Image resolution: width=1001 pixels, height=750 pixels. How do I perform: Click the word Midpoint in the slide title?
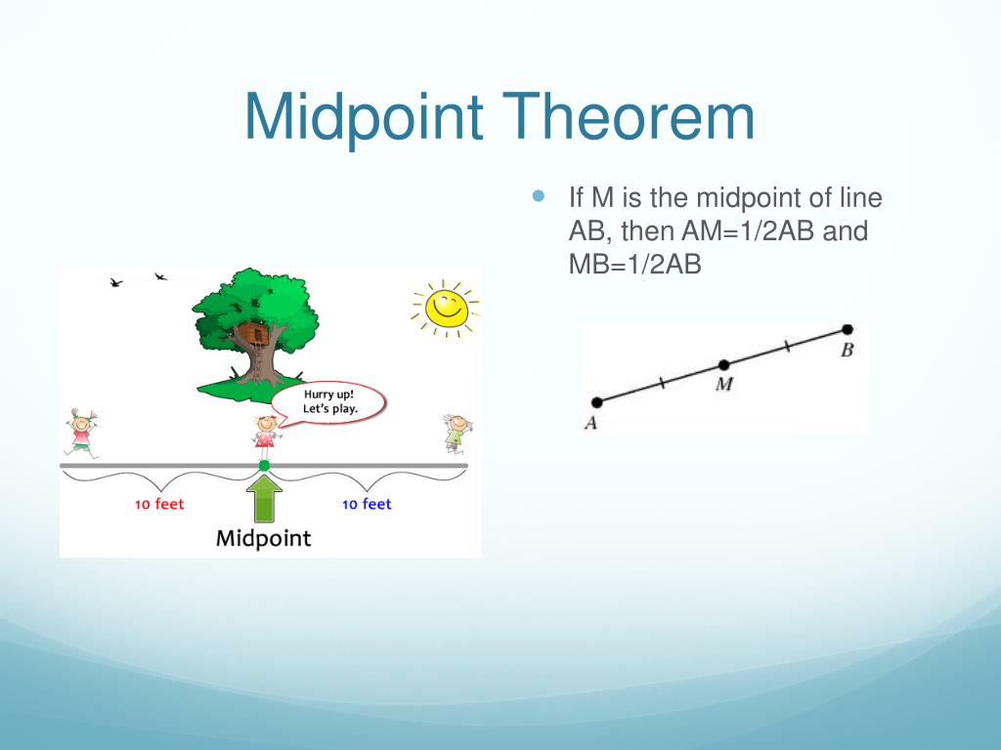tap(364, 118)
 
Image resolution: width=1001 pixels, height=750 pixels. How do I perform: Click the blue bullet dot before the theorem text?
tap(539, 195)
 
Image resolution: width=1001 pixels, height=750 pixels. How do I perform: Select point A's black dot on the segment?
tap(597, 402)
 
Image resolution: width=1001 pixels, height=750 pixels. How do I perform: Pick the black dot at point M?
tap(724, 365)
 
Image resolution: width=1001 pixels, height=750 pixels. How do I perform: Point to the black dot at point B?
tap(848, 330)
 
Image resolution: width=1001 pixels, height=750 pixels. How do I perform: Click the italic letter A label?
tap(591, 423)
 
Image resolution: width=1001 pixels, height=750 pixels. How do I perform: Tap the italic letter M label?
tap(724, 384)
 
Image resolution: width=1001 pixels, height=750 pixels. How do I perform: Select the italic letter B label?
tap(848, 351)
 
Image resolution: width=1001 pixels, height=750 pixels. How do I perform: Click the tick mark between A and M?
tap(662, 383)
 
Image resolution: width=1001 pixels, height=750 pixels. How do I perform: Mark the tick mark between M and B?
tap(787, 347)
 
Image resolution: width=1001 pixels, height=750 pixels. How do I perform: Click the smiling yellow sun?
tap(446, 309)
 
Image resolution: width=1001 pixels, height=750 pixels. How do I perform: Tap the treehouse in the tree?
tap(253, 334)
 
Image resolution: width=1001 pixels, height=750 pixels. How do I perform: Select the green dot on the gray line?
tap(264, 466)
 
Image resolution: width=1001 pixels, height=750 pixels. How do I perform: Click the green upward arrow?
tap(264, 500)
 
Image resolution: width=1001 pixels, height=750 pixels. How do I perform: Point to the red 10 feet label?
tap(159, 505)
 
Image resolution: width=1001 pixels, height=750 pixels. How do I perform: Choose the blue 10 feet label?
tap(368, 505)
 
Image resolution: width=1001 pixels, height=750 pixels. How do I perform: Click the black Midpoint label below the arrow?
tap(264, 539)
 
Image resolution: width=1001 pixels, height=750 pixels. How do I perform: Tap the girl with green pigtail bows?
tap(82, 434)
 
